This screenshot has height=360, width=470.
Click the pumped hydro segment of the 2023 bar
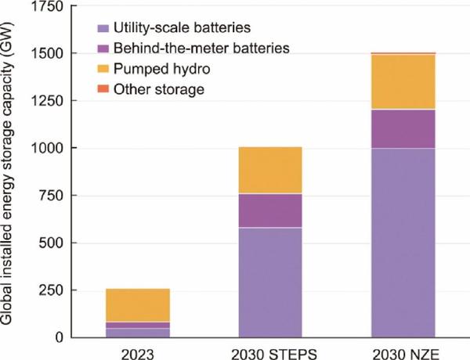pos(138,305)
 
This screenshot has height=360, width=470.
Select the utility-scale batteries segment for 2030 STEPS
pos(270,283)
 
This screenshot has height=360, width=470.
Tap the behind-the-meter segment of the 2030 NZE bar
pos(403,129)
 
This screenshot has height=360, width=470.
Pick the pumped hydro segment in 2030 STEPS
pos(270,170)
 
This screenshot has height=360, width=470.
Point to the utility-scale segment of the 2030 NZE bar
pos(403,243)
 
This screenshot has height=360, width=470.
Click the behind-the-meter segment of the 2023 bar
pos(138,326)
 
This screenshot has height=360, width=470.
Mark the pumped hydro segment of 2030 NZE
pos(403,81)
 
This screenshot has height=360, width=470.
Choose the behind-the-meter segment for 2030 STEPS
pos(270,211)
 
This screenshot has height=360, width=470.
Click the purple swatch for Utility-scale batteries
pos(103,28)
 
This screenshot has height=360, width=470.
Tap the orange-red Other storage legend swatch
pos(103,88)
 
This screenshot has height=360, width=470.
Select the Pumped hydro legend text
pos(162,69)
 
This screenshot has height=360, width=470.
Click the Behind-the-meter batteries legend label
pos(201,49)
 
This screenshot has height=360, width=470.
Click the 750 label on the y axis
pos(51,196)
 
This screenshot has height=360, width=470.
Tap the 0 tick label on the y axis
pos(59,337)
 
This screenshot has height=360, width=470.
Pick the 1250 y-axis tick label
pos(47,101)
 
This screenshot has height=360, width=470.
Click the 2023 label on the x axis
pos(138,355)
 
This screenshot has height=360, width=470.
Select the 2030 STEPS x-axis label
pos(274,355)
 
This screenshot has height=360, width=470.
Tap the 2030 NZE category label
pos(406,355)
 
